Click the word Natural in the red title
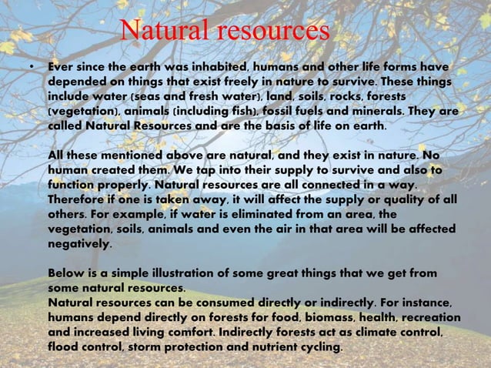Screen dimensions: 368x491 165,32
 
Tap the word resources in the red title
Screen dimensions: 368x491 272,32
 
